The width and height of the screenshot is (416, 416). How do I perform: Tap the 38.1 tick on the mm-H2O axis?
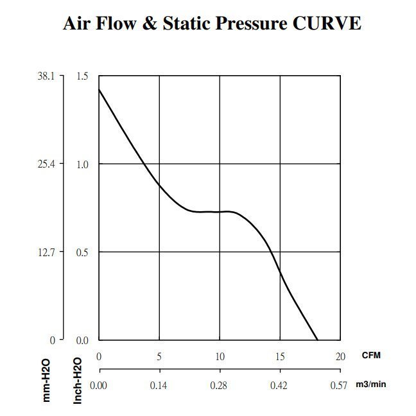point(48,76)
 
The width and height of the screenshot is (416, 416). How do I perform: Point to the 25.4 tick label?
point(48,164)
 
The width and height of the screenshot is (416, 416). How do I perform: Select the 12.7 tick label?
point(48,252)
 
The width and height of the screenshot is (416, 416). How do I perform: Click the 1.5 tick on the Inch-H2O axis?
point(82,76)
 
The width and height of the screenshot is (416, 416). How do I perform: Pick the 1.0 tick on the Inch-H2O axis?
point(82,164)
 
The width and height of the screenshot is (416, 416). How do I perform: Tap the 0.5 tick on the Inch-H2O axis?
point(82,252)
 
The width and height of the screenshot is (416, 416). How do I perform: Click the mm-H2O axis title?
point(47,380)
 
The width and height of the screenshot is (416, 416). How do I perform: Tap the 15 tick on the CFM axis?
point(280,356)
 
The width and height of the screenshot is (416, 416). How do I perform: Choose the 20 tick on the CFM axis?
point(340,356)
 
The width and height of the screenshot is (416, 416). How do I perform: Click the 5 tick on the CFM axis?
point(159,356)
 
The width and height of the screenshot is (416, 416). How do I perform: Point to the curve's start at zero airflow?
point(99,90)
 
